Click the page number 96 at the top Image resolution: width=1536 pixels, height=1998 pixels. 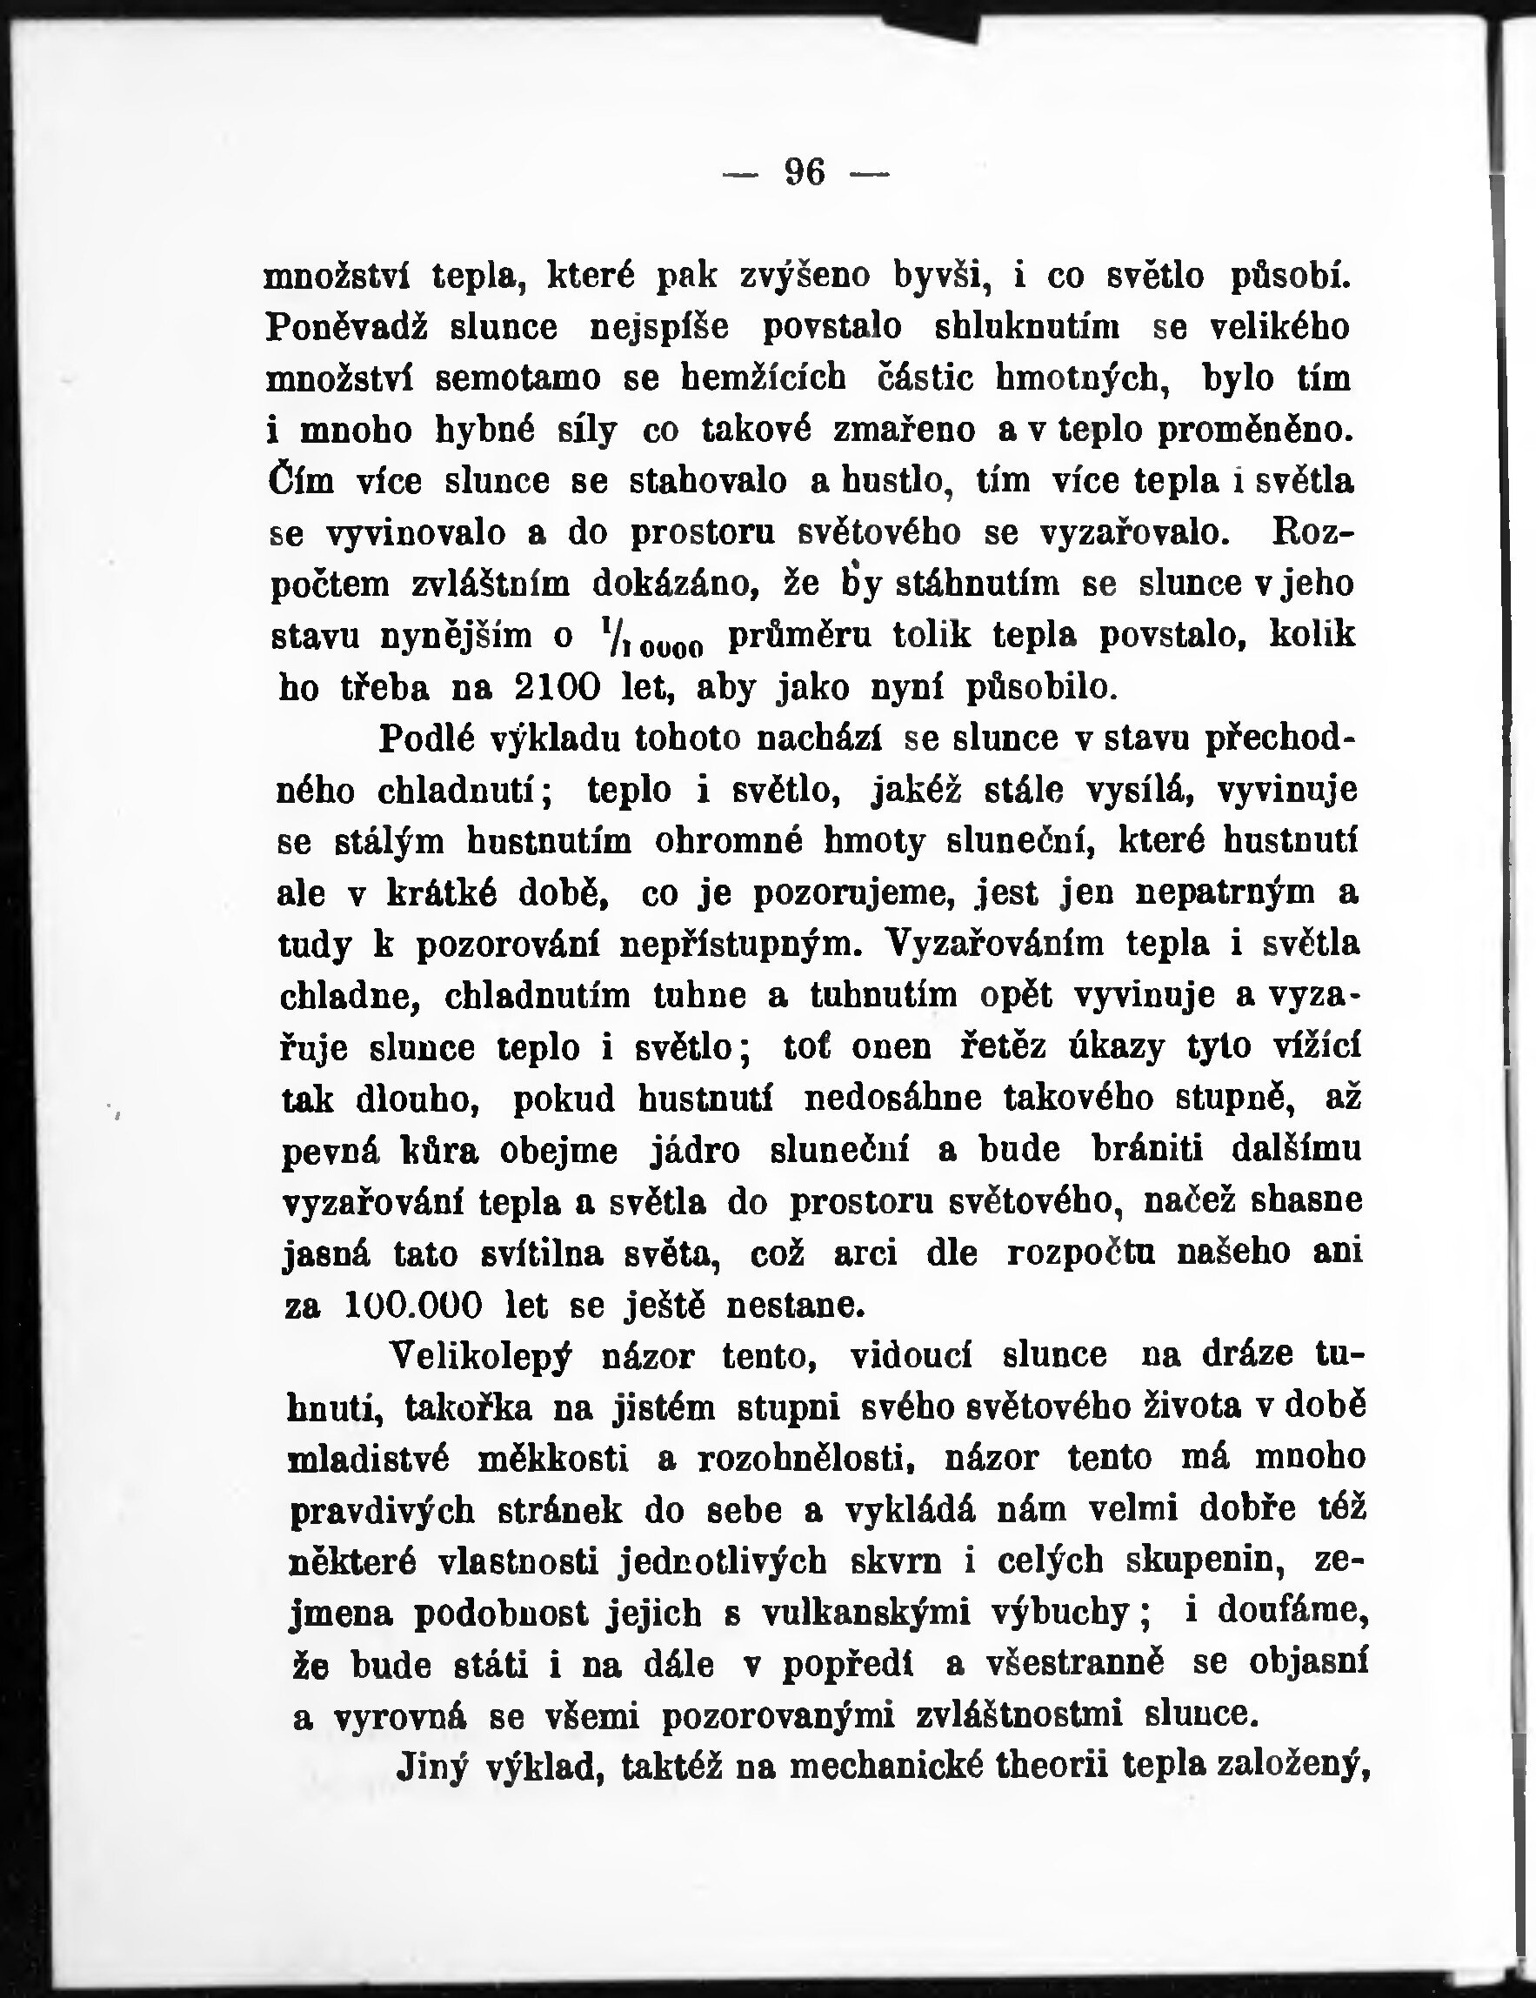(x=805, y=172)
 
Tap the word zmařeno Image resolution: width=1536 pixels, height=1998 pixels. (x=905, y=430)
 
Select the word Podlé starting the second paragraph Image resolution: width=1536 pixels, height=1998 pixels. (x=427, y=738)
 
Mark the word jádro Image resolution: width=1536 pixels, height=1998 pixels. (x=694, y=1150)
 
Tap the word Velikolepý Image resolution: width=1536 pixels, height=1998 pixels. (x=480, y=1356)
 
